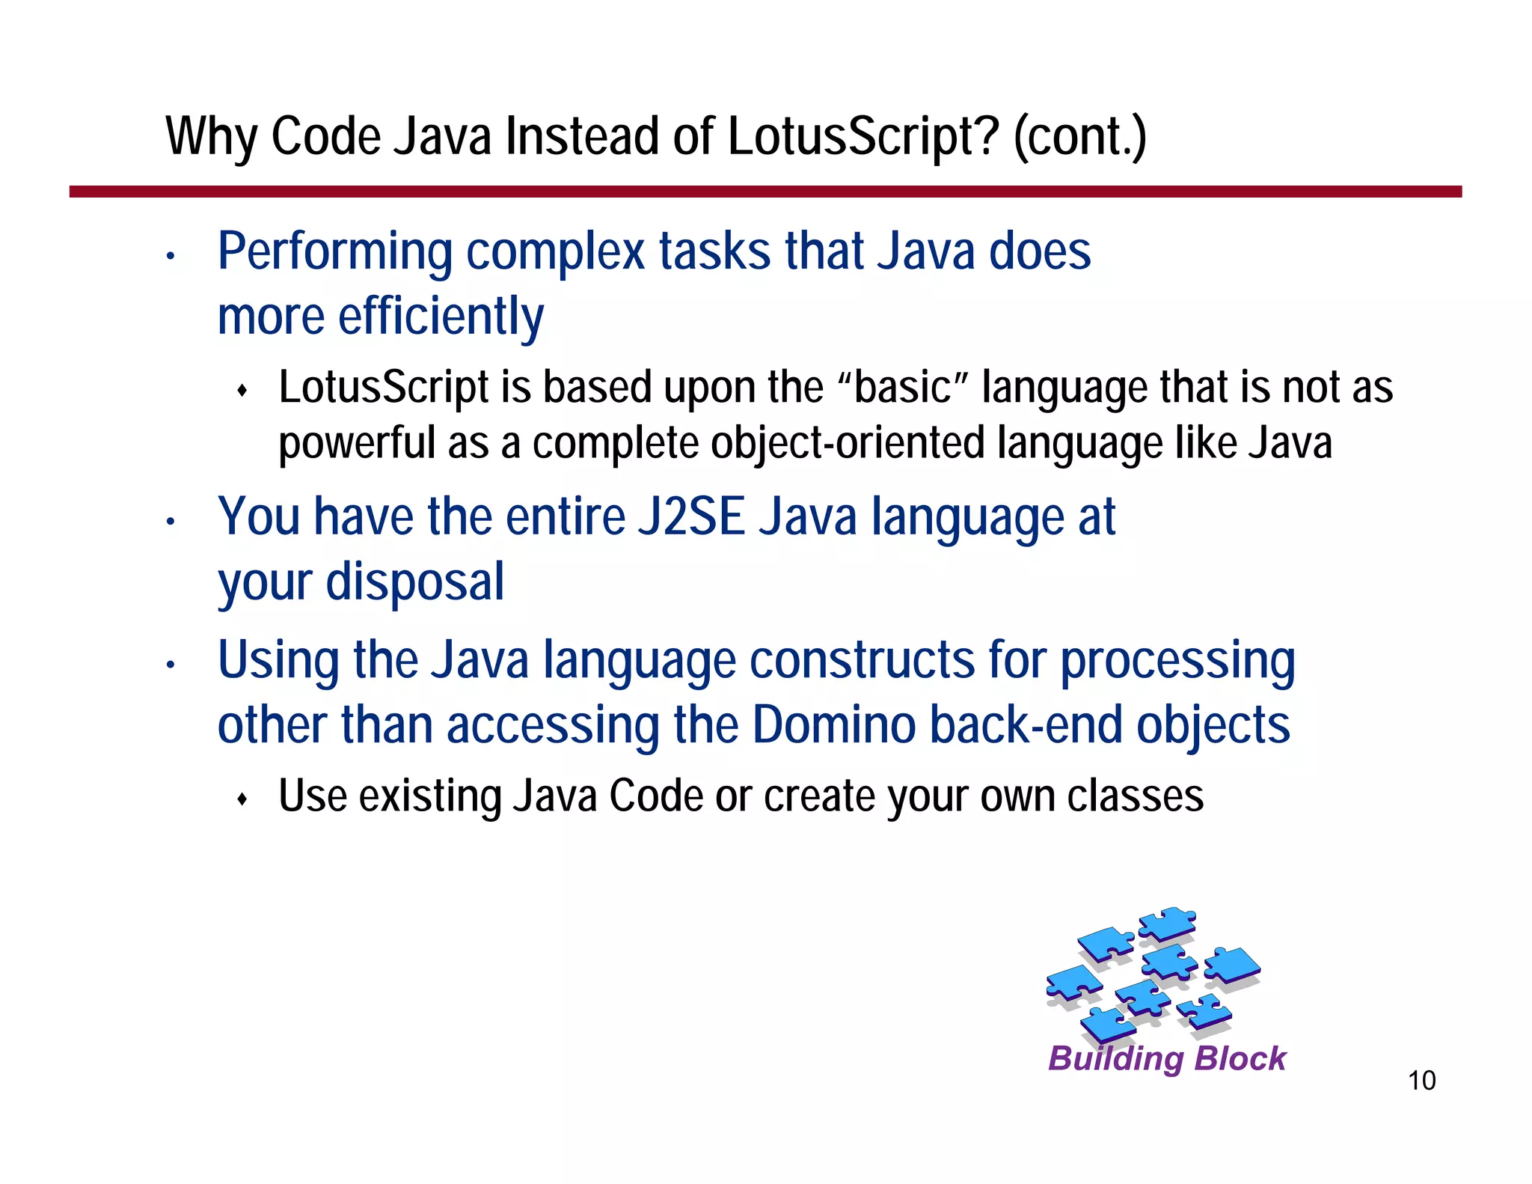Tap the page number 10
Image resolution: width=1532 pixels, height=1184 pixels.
click(1421, 1081)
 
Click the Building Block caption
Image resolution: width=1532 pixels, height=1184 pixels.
click(1167, 1058)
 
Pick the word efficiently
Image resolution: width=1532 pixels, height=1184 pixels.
click(441, 316)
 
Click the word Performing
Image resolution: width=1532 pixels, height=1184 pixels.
click(334, 251)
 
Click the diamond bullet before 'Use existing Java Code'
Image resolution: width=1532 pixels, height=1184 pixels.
click(242, 799)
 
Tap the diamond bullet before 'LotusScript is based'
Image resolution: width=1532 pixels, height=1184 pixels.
click(242, 391)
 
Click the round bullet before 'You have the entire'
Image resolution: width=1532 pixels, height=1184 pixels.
click(171, 522)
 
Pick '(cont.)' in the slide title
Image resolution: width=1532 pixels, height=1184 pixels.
click(1079, 138)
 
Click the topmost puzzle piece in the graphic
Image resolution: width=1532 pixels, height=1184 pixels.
click(1167, 924)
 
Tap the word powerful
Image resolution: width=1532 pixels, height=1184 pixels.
click(357, 443)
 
